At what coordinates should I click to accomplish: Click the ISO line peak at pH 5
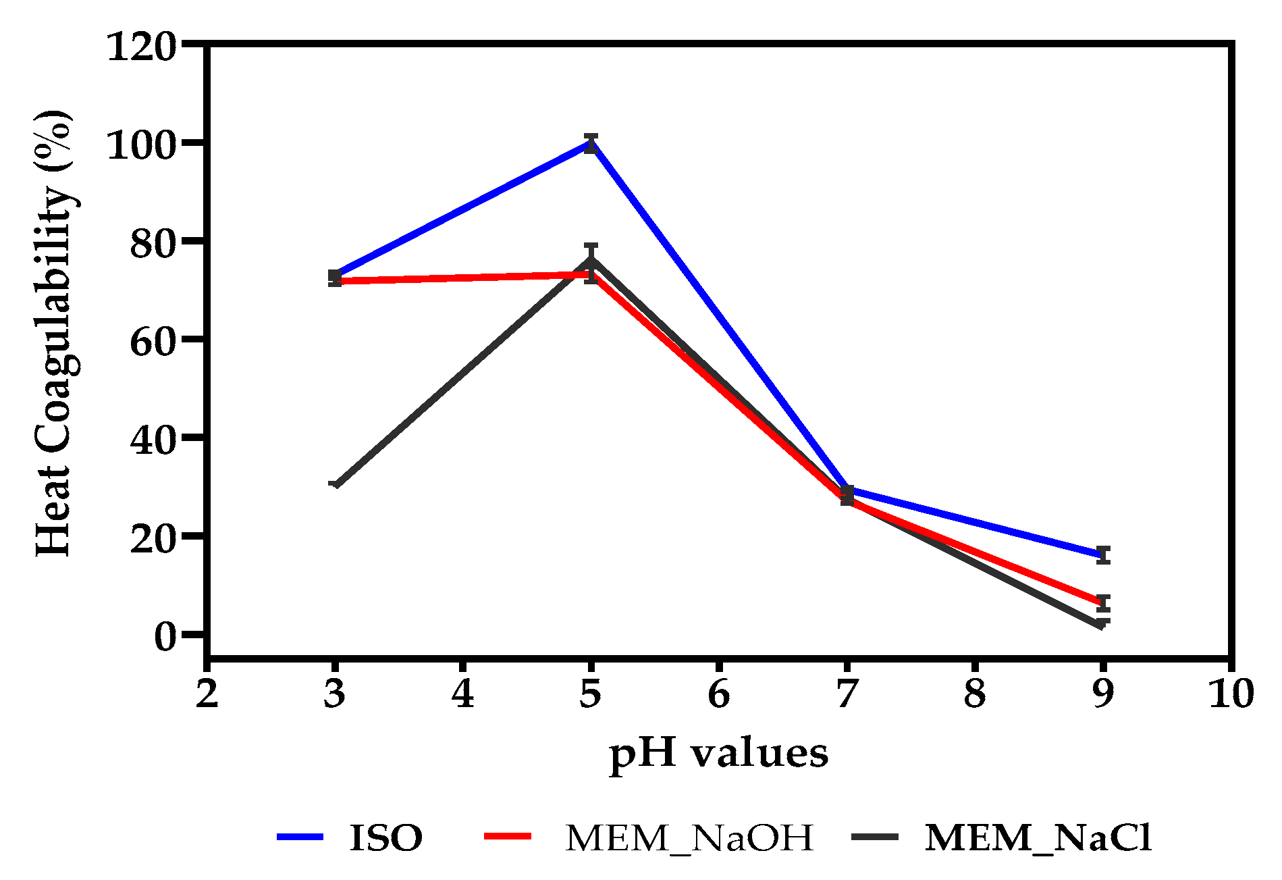pos(591,143)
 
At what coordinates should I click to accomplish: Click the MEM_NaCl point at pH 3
pos(336,485)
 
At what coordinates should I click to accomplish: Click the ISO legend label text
pos(386,838)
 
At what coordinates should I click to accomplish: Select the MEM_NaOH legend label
pos(689,838)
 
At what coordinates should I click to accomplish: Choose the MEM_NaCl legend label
pos(1038,838)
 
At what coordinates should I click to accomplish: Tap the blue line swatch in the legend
pos(300,837)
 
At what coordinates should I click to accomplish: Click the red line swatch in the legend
pos(508,837)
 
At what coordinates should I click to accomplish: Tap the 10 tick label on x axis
pos(1231,694)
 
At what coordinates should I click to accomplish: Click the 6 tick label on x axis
pos(719,694)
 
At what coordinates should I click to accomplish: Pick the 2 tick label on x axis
pos(207,694)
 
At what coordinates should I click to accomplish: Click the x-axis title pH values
pos(718,753)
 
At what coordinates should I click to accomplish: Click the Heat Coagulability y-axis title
pos(54,334)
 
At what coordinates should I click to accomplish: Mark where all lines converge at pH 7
pos(847,495)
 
